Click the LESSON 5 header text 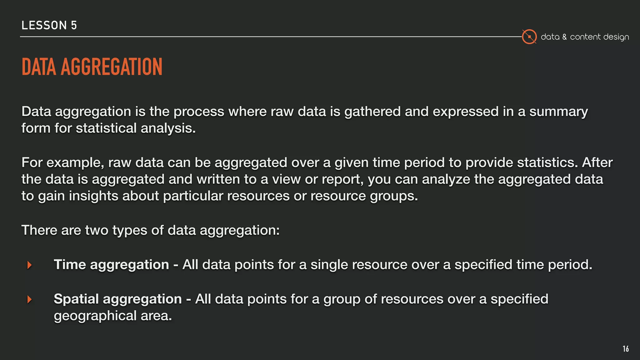click(49, 25)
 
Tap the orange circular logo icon click(529, 37)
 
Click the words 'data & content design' click(585, 37)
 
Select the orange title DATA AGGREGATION click(92, 67)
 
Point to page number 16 click(626, 349)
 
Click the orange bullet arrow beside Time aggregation click(30, 265)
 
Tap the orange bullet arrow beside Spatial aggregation click(30, 299)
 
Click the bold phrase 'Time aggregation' click(111, 265)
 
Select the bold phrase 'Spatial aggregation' click(117, 299)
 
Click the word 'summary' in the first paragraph click(558, 112)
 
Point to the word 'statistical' click(106, 128)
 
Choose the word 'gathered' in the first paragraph click(372, 112)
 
